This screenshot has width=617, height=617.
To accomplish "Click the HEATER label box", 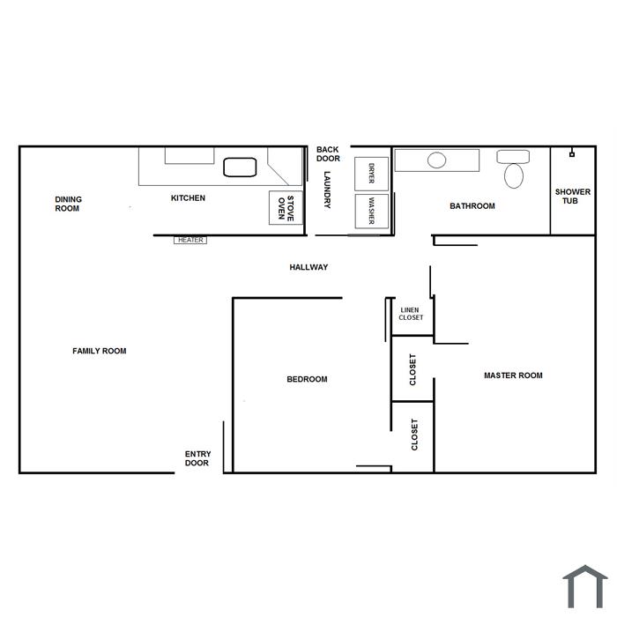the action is tap(190, 240).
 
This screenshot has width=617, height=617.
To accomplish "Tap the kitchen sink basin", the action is tap(240, 167).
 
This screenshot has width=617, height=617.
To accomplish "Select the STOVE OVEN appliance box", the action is tap(286, 208).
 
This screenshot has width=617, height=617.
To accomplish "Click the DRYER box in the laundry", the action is tap(371, 174).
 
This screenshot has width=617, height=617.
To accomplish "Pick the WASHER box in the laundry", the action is tap(371, 211).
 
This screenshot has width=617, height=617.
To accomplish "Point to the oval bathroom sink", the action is tap(437, 160).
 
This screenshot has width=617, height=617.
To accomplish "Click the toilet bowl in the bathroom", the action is tap(514, 175).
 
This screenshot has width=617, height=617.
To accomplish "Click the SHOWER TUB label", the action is tap(573, 197).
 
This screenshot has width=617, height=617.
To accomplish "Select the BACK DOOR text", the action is tap(328, 154).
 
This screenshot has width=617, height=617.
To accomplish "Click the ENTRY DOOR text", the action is tap(197, 458).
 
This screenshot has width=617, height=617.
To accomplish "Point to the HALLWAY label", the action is tap(308, 267).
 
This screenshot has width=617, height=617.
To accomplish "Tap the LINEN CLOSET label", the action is tap(411, 314).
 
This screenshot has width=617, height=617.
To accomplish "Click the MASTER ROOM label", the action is tap(513, 375).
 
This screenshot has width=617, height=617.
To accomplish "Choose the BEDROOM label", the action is tap(307, 379).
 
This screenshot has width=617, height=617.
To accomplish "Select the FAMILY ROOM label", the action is tap(99, 351).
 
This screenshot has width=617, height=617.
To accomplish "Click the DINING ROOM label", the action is tap(68, 204).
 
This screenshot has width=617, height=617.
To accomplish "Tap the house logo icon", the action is tap(585, 586).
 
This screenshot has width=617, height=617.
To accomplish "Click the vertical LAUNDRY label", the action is tap(327, 190).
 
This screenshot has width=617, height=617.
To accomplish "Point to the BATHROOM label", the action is tap(472, 205).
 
